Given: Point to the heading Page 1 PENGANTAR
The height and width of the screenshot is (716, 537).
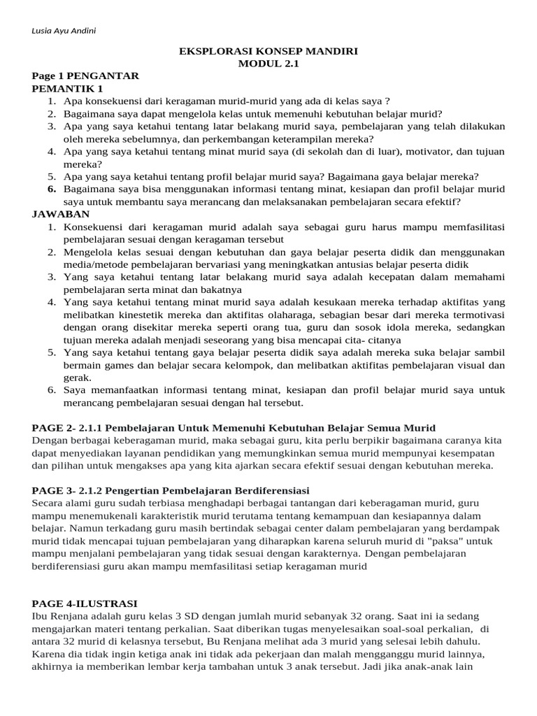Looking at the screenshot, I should pyautogui.click(x=85, y=76).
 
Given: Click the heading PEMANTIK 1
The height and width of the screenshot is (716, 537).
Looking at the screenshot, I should pyautogui.click(x=67, y=88).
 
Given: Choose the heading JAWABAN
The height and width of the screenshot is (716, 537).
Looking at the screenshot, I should pyautogui.click(x=61, y=214).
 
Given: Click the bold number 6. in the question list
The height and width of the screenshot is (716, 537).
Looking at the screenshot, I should pyautogui.click(x=52, y=189).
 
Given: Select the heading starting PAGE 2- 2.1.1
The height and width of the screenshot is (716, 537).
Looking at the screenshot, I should pyautogui.click(x=234, y=427).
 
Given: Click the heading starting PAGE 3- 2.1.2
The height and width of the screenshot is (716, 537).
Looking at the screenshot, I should pyautogui.click(x=171, y=490).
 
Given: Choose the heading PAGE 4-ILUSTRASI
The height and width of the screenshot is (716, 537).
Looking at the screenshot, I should pyautogui.click(x=85, y=603).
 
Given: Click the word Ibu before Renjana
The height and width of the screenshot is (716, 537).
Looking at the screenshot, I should pyautogui.click(x=41, y=616).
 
